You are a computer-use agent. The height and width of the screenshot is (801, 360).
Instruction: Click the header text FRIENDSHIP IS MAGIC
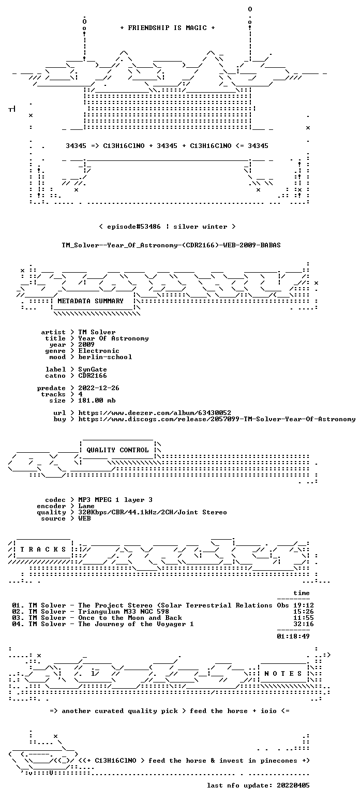tap(167, 28)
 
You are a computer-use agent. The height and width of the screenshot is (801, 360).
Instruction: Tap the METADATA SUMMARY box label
tap(91, 301)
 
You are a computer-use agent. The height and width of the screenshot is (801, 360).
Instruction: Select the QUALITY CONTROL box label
tap(117, 450)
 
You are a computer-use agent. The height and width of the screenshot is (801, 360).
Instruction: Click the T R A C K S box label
tap(43, 549)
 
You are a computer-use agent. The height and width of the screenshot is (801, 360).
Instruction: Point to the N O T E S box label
tap(283, 673)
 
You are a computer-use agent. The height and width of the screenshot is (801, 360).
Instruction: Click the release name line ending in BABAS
tap(171, 245)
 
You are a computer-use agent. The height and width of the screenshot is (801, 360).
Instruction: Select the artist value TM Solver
tap(97, 332)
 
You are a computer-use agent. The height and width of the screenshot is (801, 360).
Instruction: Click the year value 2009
tap(86, 345)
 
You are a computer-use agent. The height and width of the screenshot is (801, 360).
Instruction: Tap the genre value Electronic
tap(99, 351)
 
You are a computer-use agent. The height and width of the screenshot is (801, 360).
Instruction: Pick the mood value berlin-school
tap(105, 357)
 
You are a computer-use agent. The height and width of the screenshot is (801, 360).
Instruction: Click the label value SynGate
tap(93, 369)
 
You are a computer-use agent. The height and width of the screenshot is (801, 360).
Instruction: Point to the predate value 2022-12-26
tap(99, 388)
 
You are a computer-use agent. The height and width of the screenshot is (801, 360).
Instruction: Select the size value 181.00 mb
tap(97, 400)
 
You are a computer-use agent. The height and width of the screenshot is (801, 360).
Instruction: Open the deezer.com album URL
tap(155, 412)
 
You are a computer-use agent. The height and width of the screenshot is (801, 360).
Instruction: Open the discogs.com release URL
tap(217, 419)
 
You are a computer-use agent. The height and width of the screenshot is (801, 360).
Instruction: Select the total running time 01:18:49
tap(293, 636)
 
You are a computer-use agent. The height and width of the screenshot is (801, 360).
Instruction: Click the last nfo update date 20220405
tap(293, 785)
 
